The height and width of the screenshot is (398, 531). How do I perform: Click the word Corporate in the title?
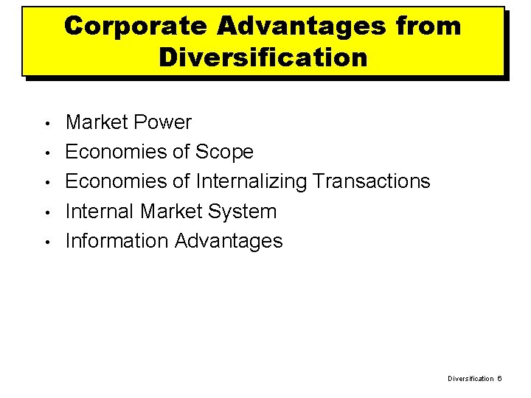[x=135, y=26]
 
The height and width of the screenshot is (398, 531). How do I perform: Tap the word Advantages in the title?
[x=302, y=26]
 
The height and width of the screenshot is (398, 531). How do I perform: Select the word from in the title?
[x=428, y=26]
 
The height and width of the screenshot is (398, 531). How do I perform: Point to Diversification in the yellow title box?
[x=263, y=57]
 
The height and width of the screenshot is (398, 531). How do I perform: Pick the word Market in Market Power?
[x=97, y=122]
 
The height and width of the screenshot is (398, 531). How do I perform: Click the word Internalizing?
[x=251, y=181]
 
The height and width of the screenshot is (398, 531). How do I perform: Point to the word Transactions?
[x=372, y=181]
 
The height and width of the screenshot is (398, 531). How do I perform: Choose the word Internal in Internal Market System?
[x=100, y=212]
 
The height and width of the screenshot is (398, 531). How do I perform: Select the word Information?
[x=117, y=241]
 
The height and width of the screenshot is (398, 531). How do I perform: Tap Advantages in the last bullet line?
[x=229, y=241]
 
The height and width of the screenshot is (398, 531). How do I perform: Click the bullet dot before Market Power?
[x=46, y=123]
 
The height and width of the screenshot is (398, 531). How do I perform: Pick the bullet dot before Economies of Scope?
[x=46, y=153]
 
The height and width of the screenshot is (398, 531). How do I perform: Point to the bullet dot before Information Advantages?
[x=46, y=242]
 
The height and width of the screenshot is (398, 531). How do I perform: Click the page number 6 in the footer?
[x=499, y=378]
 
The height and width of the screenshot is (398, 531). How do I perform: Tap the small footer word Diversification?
[x=471, y=378]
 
